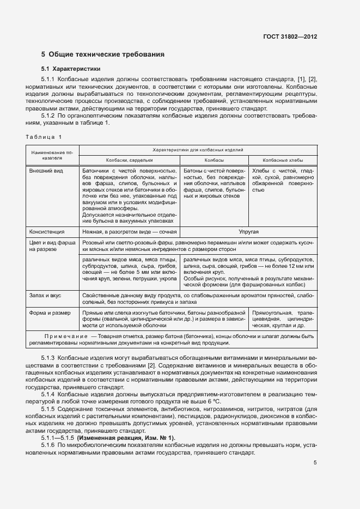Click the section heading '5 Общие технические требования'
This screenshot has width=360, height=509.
103,54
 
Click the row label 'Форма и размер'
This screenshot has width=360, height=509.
48,313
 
